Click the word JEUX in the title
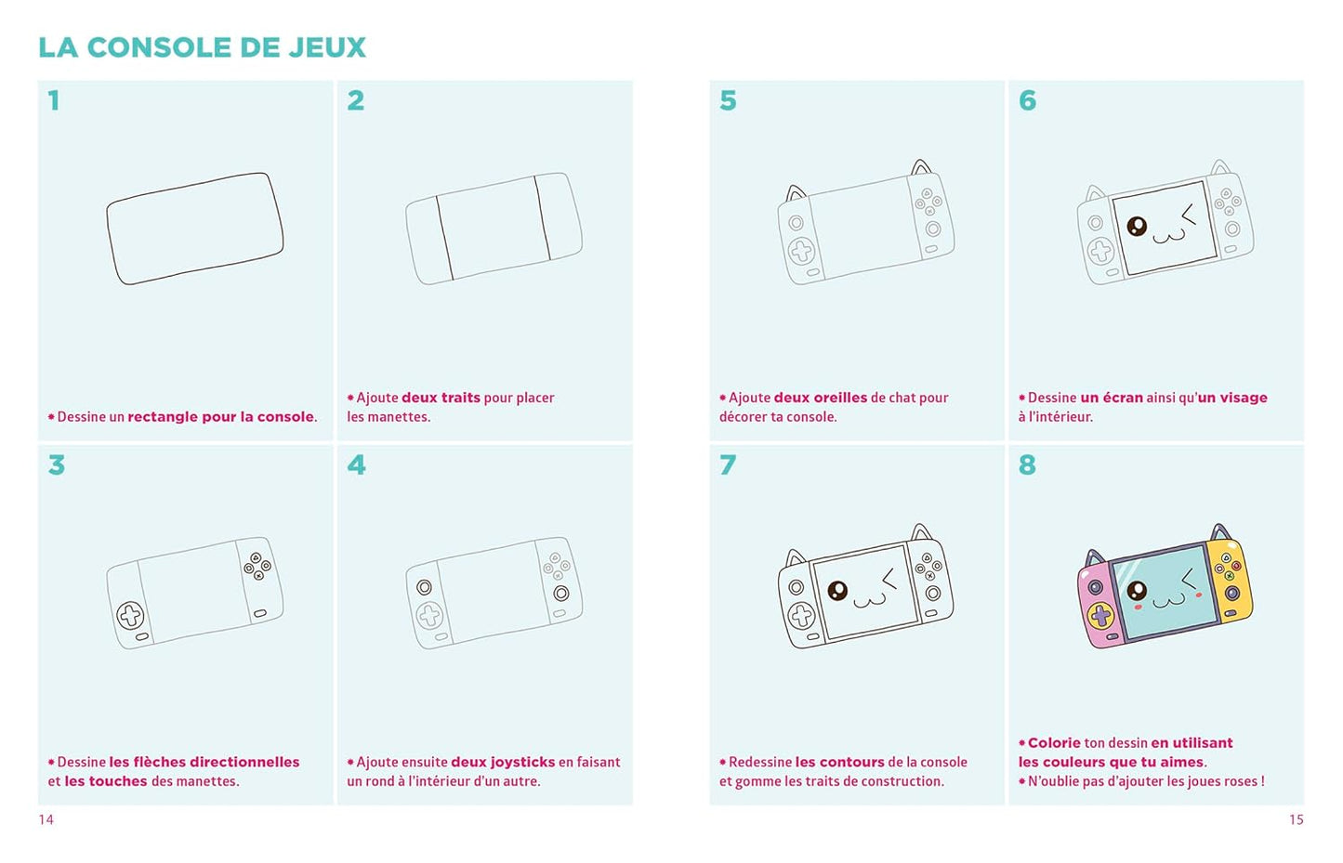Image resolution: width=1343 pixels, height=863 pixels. (x=327, y=47)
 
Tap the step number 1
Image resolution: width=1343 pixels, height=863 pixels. (x=54, y=100)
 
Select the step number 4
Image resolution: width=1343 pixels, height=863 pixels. (x=356, y=464)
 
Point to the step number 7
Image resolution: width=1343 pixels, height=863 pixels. (x=728, y=464)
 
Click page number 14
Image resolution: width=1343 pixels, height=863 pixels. (x=46, y=820)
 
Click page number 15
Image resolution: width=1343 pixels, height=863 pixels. (x=1297, y=820)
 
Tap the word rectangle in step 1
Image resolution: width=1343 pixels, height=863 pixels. (x=163, y=417)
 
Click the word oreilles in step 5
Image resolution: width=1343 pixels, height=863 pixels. (x=840, y=398)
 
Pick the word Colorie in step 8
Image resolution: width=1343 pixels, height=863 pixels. (x=1054, y=743)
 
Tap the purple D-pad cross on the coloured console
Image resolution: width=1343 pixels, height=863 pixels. (x=1100, y=614)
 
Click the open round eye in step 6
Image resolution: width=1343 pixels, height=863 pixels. (x=1137, y=226)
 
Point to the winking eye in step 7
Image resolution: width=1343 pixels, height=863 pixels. (x=889, y=579)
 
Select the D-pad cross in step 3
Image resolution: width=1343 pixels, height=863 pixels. (x=130, y=615)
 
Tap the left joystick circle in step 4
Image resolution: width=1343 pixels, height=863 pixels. (x=424, y=587)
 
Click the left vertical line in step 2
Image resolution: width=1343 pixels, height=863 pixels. (x=444, y=237)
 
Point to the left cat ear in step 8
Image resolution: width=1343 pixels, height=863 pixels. (x=1095, y=558)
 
